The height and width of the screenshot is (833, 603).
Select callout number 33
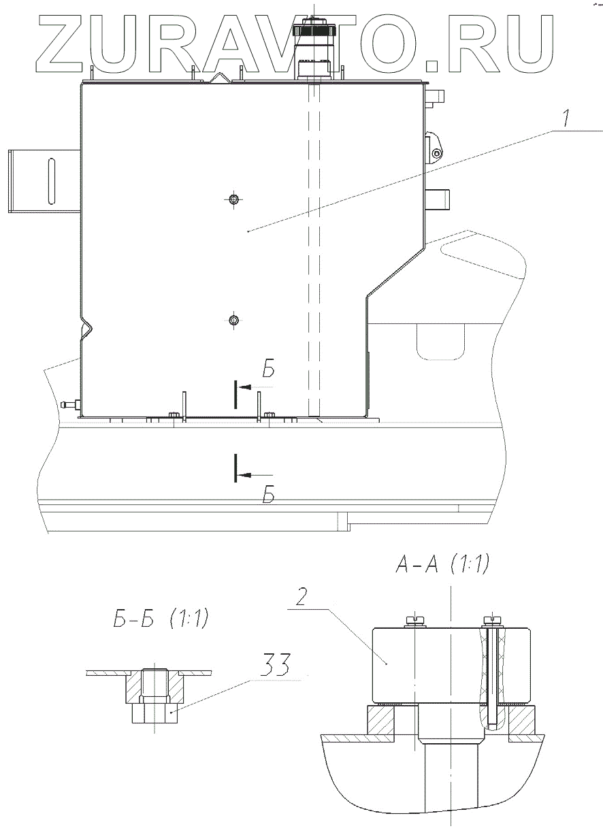tap(274, 664)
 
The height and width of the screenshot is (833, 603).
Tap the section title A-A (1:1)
tap(442, 564)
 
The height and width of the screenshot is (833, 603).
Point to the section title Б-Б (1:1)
tap(161, 618)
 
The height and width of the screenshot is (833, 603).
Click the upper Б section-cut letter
tap(268, 369)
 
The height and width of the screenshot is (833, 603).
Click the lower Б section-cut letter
tap(269, 495)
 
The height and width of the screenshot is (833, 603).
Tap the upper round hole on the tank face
tap(233, 199)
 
